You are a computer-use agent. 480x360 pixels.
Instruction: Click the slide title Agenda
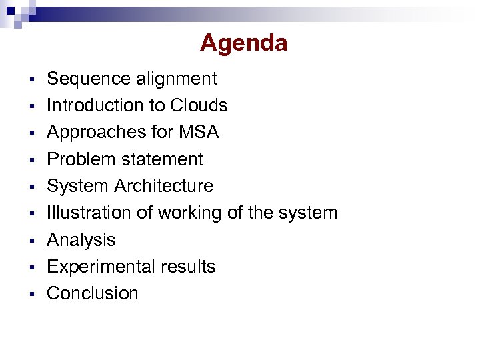pos(243,43)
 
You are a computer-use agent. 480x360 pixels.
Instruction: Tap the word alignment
pos(177,79)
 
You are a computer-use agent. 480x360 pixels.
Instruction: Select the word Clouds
pos(199,105)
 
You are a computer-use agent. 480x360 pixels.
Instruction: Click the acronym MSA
pos(199,132)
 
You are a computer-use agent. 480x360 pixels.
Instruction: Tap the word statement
pos(163,159)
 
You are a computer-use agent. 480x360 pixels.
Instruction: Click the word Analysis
pos(81,240)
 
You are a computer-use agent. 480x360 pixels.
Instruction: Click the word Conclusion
pos(93,293)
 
